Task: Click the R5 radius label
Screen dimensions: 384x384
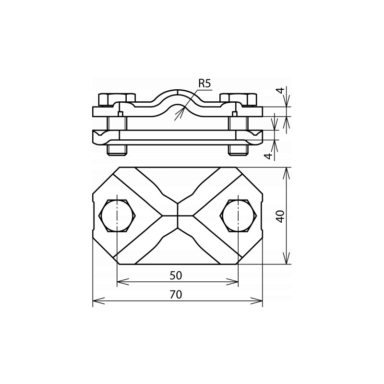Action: (204, 84)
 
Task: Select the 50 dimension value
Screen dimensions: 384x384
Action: (176, 276)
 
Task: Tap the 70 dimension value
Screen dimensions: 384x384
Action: (176, 294)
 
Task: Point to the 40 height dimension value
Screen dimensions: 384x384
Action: (281, 216)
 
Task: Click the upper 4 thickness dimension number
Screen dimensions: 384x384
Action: (281, 90)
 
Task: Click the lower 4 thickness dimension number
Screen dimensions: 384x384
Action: (269, 156)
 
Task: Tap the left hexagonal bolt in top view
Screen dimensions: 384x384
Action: (117, 216)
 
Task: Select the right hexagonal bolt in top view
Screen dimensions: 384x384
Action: (238, 216)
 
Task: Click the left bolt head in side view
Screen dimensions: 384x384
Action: (117, 99)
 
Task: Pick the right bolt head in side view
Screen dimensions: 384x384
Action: (238, 99)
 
